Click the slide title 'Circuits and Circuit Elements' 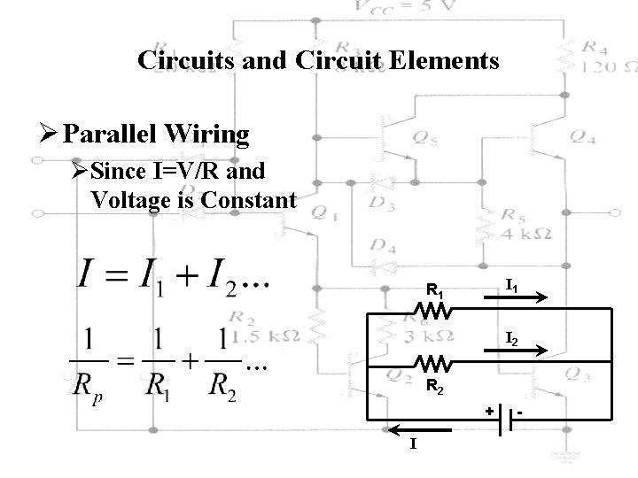click(319, 60)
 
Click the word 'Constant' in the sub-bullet click(249, 199)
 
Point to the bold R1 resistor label click(435, 289)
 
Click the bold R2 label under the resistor click(435, 385)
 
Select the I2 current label click(512, 337)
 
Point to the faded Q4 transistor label click(584, 136)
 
